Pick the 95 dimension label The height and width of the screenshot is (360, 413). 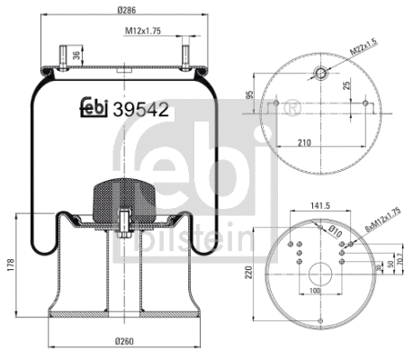click(x=248, y=95)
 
